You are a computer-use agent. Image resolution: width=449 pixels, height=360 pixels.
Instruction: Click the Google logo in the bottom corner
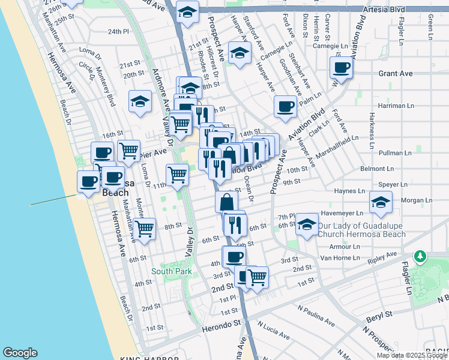(x=20, y=353)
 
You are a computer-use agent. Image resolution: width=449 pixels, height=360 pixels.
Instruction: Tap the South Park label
(x=171, y=272)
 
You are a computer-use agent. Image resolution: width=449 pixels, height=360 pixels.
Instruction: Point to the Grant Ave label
(x=396, y=73)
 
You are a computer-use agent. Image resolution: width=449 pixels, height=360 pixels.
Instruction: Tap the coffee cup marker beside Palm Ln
(x=285, y=107)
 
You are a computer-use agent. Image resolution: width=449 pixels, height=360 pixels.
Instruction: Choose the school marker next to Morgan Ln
(x=381, y=203)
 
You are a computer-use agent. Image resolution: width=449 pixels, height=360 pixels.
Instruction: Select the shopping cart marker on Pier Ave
(x=129, y=151)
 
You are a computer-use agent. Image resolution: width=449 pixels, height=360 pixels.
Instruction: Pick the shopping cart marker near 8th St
(x=145, y=229)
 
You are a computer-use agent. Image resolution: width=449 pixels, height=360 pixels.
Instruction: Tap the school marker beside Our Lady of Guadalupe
(x=307, y=226)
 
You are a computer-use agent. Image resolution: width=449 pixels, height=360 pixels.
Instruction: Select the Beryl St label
(x=379, y=314)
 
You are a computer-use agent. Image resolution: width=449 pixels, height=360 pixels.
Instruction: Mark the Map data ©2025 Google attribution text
(x=411, y=355)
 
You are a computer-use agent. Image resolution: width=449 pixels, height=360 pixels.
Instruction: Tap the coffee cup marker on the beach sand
(x=89, y=181)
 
